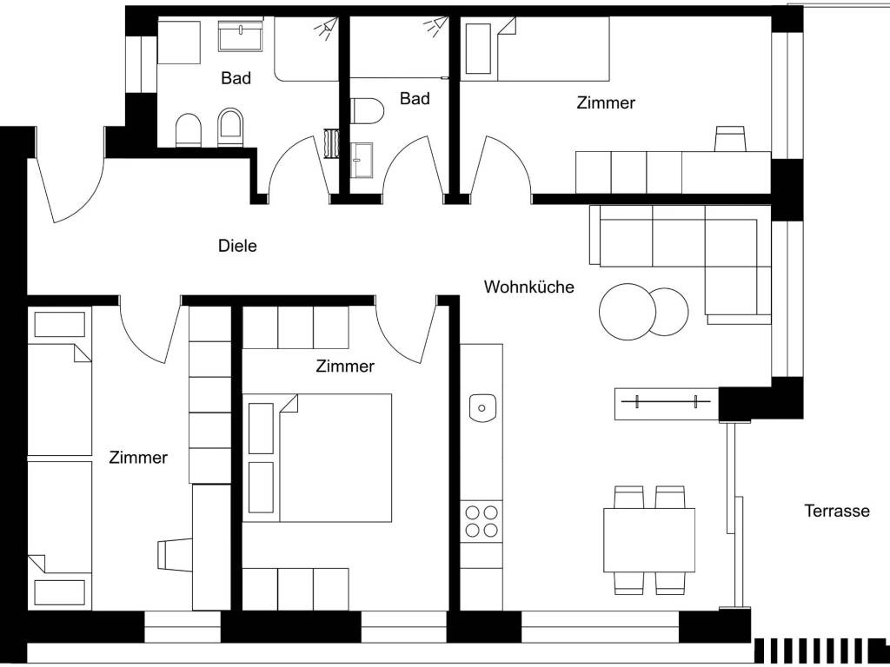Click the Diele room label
(237, 246)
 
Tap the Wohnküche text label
(528, 287)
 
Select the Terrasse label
(837, 511)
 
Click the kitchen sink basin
(483, 408)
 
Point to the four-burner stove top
(482, 521)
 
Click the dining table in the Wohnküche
(648, 540)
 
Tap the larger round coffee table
(628, 312)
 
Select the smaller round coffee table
(668, 312)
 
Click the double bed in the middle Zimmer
(317, 458)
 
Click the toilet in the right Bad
(367, 110)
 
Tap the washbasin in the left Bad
(240, 36)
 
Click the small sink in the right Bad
(362, 161)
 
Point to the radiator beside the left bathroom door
(330, 143)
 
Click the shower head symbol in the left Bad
(328, 28)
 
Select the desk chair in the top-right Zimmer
(729, 139)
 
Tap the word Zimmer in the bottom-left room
(138, 457)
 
